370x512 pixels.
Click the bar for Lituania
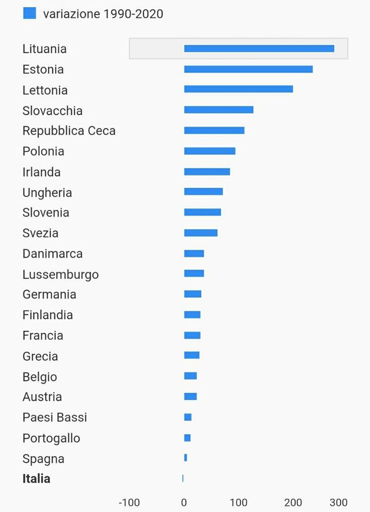pos(259,49)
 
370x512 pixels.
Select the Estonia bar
pos(248,69)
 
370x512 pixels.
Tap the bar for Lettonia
pos(238,89)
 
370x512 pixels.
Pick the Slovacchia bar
pos(219,110)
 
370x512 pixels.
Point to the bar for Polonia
pos(210,151)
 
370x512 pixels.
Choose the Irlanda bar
pos(207,172)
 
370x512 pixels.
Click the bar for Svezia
pos(201,233)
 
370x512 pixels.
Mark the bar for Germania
pos(192,294)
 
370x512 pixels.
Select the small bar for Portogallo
pos(187,438)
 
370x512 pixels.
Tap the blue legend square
pos(30,13)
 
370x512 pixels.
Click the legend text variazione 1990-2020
pos(103,14)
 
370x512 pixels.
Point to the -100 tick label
pos(129,502)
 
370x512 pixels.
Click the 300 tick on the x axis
pos(339,502)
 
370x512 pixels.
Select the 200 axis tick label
pos(293,502)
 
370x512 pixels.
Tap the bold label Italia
pos(36,479)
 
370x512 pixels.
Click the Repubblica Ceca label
pos(69,131)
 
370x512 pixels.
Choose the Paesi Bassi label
pos(55,417)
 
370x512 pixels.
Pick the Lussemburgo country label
pos(60,274)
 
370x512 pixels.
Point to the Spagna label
pos(43,459)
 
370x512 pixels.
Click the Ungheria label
pos(47,193)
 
